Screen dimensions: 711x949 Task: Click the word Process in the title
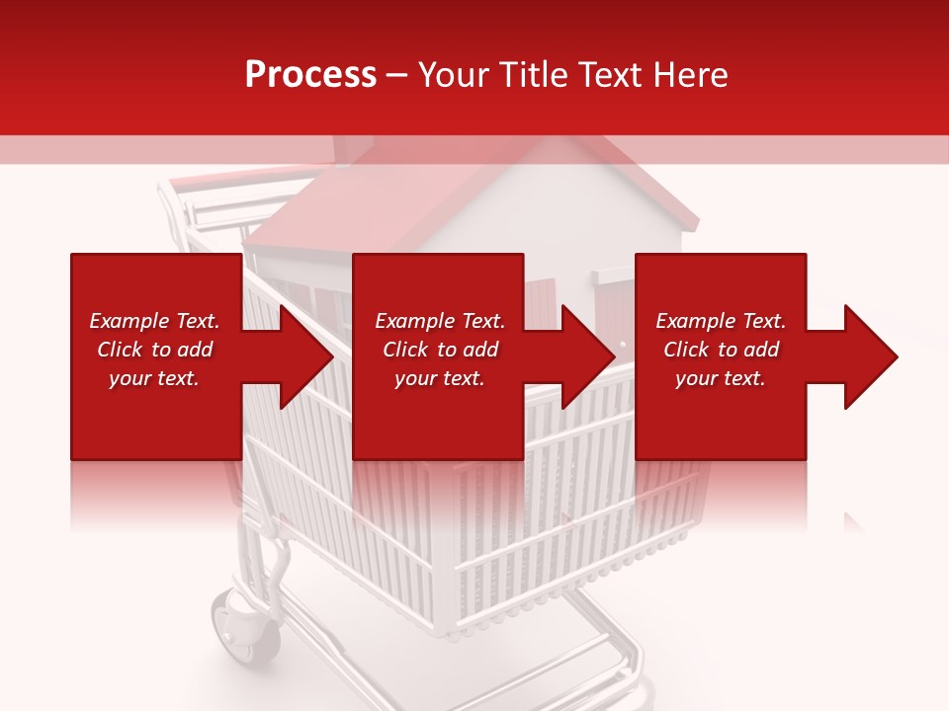tap(310, 75)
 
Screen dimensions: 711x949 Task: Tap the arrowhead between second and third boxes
tap(587, 356)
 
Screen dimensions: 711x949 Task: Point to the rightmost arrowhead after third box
tap(869, 356)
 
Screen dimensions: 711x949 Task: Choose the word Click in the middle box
tap(404, 350)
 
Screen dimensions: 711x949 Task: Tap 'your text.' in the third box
tap(720, 378)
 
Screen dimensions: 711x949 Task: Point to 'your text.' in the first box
tap(153, 378)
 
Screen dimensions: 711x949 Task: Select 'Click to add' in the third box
tap(721, 350)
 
